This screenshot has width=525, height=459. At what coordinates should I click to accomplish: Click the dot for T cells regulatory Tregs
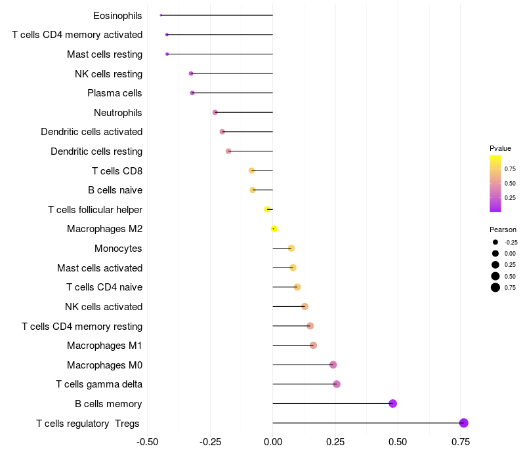coord(464,423)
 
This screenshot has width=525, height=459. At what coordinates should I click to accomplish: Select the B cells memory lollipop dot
coord(393,403)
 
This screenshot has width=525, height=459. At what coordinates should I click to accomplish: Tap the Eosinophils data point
coord(161,15)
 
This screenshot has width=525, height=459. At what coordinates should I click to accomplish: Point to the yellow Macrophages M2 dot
coord(274,229)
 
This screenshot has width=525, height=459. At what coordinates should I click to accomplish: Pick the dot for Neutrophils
coord(215,112)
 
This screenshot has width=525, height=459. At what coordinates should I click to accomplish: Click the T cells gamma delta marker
coord(337,384)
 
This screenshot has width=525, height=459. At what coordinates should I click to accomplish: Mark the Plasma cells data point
coord(192,93)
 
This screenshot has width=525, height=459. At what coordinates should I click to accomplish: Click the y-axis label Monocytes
coord(118,249)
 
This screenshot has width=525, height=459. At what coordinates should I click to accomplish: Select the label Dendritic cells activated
coord(91,132)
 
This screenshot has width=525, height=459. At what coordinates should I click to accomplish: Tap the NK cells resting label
coord(108,73)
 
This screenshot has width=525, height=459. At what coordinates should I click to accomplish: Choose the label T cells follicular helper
coord(95,210)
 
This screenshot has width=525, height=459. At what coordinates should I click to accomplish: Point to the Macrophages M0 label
coord(104,365)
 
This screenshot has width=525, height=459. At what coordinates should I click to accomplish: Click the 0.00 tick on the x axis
coord(273,442)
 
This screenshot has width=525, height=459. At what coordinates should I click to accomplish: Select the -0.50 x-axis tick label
coord(148,442)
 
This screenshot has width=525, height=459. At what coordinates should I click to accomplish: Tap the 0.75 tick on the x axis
coord(460,442)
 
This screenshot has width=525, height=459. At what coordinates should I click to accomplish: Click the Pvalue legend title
coord(500,148)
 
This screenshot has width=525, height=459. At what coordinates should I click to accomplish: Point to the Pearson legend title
coord(503,229)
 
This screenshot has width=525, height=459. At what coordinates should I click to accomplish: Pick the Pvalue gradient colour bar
coord(495,184)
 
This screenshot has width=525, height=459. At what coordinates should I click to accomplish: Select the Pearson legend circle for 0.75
coord(495,287)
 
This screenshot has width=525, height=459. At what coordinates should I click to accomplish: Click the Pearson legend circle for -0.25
coord(495,242)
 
